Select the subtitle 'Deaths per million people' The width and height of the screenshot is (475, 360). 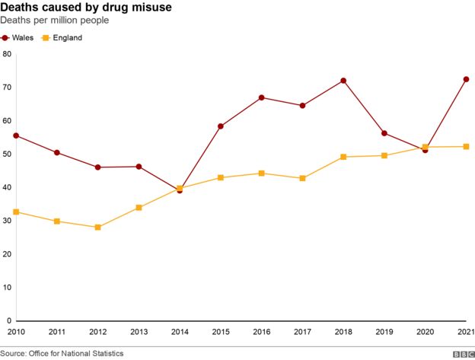click(54, 21)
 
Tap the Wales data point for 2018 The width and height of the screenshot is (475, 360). click(343, 81)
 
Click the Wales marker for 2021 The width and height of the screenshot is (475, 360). click(466, 79)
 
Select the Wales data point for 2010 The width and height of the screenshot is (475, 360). click(16, 135)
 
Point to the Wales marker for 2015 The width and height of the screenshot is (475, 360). click(221, 126)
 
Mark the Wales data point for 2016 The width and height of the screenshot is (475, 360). click(261, 97)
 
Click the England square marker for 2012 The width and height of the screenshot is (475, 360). click(98, 228)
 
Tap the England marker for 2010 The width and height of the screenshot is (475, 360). click(16, 212)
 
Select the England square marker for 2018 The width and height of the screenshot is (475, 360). click(343, 157)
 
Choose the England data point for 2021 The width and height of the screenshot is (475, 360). click(466, 146)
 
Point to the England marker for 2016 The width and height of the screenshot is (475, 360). click(261, 174)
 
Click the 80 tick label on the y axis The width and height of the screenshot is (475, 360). click(7, 54)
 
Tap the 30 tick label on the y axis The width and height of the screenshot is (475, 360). click(7, 221)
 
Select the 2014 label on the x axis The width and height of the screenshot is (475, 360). click(180, 332)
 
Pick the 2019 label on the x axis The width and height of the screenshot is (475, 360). click(384, 332)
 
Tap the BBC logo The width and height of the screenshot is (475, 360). click(462, 354)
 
